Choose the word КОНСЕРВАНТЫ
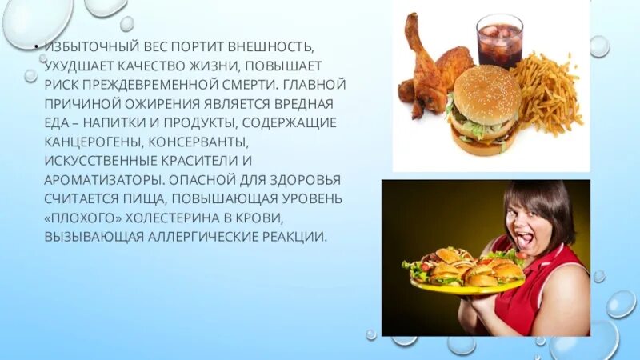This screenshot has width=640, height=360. click(206, 141)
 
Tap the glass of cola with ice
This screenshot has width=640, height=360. click(499, 39)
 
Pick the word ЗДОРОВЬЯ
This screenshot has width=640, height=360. click(281, 178)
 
